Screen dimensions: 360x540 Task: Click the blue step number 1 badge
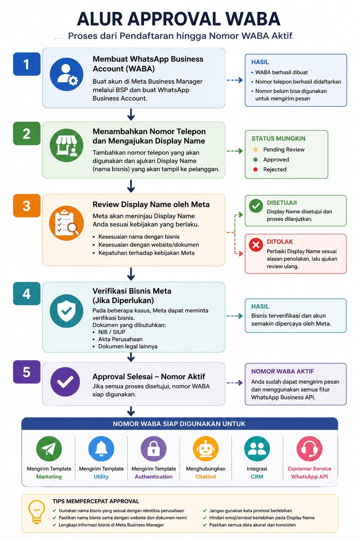pos(27,64)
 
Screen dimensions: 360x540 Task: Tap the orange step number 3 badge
pos(27,206)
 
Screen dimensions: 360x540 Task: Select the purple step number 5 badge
pos(27,372)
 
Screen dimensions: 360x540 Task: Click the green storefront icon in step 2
pos(66,145)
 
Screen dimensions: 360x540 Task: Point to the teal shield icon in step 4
pos(66,311)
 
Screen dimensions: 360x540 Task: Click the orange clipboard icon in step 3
pos(66,223)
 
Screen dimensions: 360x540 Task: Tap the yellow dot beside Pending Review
pos(256,150)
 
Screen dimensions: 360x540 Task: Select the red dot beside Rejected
pos(256,169)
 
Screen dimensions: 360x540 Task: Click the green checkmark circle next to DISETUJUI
pos(256,206)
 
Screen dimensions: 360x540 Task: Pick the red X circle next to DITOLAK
pos(256,245)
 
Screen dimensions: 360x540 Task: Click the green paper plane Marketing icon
pos(49,449)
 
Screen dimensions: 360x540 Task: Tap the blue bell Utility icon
pos(101,449)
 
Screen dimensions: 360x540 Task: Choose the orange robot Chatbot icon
pos(206,449)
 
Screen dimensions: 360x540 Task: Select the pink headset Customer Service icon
pos(309,449)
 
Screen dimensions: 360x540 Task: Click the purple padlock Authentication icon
pos(154,449)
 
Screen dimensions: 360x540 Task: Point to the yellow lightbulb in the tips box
pos(37,512)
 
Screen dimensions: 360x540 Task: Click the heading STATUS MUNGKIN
pos(278,139)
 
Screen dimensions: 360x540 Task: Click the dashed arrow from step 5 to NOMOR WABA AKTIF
pos(234,383)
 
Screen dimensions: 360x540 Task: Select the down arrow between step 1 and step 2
pos(131,115)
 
